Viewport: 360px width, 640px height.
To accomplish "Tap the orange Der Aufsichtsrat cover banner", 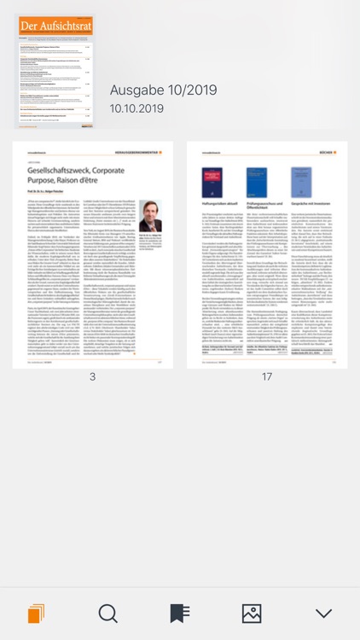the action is point(55,26).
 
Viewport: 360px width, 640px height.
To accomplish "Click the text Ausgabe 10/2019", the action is point(163,90).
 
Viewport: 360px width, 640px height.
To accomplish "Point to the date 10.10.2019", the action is point(136,108).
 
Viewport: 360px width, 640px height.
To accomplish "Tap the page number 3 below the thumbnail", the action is point(92,352).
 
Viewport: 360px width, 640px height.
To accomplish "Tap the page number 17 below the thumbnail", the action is point(267,352).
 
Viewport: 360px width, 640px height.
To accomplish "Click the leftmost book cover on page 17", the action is point(212,183).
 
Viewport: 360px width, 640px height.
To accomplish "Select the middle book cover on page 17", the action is point(256,183).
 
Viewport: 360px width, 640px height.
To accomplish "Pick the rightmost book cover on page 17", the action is point(301,183).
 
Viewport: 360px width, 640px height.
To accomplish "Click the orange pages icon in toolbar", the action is point(36,614).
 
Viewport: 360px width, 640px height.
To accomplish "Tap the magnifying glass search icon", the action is point(108,614).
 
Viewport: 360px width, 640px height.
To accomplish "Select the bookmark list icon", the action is point(179,614).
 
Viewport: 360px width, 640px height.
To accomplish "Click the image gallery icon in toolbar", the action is point(252,614).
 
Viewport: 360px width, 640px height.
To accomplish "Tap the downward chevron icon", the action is point(323,614).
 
